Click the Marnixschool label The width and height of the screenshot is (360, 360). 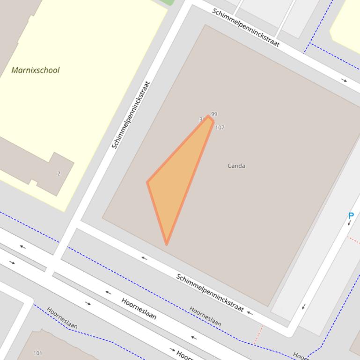[x=36, y=70]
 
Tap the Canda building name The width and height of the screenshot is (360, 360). [x=236, y=166]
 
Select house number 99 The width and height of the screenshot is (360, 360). [x=214, y=114]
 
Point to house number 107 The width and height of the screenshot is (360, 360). [x=220, y=127]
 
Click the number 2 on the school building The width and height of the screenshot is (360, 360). [x=59, y=173]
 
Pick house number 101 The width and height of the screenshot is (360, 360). [x=38, y=353]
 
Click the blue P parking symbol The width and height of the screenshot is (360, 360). [x=351, y=216]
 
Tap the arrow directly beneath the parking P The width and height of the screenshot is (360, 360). [x=349, y=223]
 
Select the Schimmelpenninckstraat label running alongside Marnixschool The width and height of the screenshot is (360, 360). [x=131, y=115]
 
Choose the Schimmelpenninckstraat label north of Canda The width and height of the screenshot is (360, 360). [x=246, y=28]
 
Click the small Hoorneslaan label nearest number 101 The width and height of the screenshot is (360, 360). [x=62, y=318]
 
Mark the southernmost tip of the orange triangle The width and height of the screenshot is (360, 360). [x=167, y=244]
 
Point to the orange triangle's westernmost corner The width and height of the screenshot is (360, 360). [x=148, y=182]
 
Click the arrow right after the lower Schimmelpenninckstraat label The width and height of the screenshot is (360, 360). [x=250, y=313]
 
